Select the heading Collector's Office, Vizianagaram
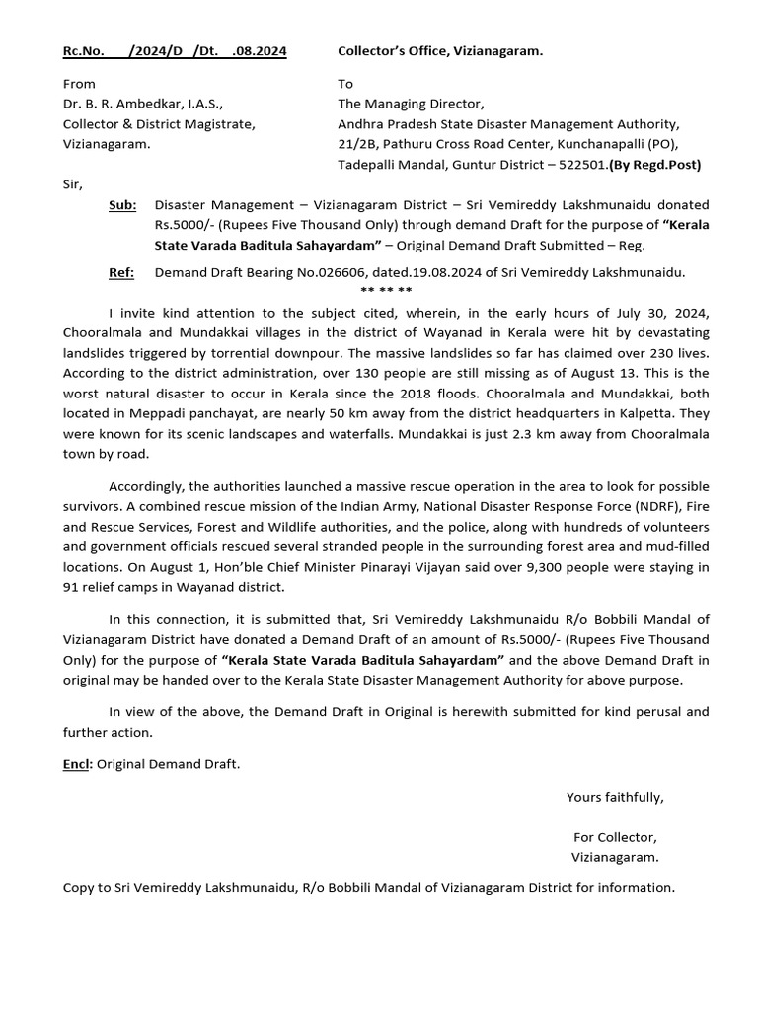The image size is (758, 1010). click(440, 51)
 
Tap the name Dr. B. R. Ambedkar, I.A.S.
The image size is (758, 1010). click(143, 105)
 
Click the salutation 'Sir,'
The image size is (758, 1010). click(73, 184)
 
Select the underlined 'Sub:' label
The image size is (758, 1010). click(122, 205)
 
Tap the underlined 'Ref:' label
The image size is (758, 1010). click(121, 272)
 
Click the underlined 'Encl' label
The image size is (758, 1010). click(76, 764)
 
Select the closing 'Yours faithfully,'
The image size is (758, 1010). click(615, 797)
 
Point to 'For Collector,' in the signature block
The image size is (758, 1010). click(615, 837)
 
